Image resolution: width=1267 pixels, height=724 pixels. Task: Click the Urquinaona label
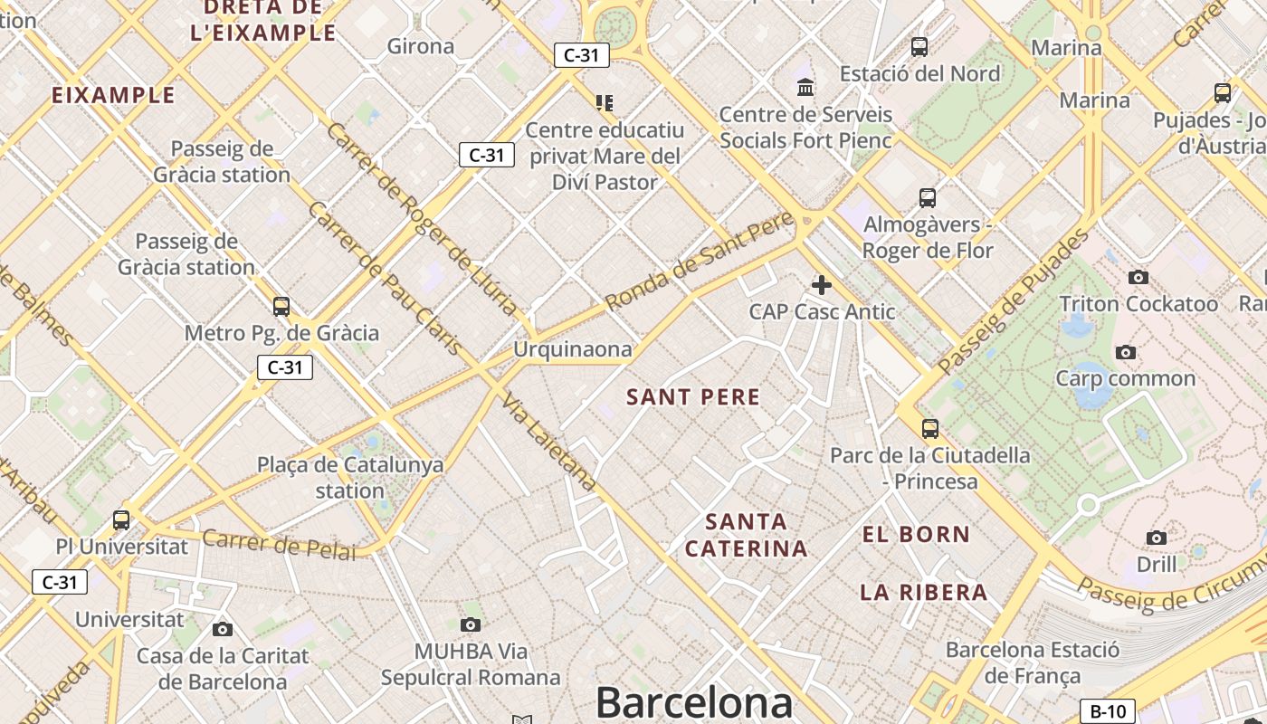point(572,349)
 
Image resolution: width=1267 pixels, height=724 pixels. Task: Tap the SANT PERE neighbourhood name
point(694,396)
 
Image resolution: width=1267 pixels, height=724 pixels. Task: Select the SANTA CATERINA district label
point(747,535)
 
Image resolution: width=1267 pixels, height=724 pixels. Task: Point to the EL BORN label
point(916,534)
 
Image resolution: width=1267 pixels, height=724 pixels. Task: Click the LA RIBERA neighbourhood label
point(923,593)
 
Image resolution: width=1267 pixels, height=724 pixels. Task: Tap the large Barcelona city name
point(694,702)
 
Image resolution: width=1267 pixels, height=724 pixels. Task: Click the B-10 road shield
point(1108,711)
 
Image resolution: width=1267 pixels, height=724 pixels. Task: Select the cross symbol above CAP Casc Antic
point(822,285)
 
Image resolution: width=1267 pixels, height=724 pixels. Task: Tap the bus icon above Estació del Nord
point(919,46)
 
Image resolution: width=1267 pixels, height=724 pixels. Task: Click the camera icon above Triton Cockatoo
point(1138,277)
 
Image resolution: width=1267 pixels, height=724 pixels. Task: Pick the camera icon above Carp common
point(1126,352)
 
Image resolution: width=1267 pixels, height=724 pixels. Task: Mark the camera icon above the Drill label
point(1157,538)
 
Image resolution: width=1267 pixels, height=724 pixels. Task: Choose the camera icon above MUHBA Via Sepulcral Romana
point(470,624)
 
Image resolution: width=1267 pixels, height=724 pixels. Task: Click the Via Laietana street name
point(550,443)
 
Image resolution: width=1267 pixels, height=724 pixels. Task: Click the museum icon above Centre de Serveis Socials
point(805,88)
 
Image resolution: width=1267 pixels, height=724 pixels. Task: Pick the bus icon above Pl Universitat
point(121,520)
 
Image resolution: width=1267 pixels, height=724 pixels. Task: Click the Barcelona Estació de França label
point(1033,662)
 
